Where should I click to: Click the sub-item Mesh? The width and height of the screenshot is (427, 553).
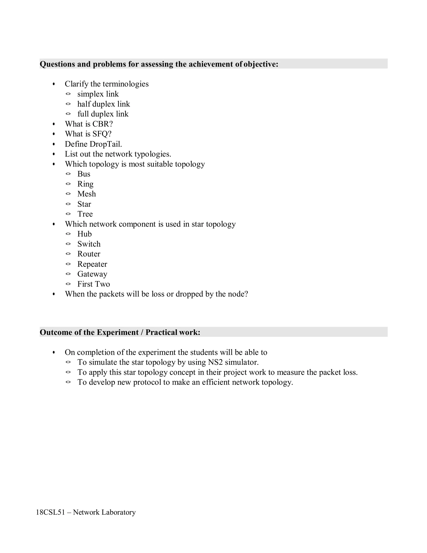pyautogui.click(x=87, y=194)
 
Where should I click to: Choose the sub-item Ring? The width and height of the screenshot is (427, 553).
pyautogui.click(x=85, y=184)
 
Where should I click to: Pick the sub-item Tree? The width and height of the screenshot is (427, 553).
pyautogui.click(x=85, y=214)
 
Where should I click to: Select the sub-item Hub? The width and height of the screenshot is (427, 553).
pyautogui.click(x=84, y=234)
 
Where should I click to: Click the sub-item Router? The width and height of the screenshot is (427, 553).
pyautogui.click(x=89, y=254)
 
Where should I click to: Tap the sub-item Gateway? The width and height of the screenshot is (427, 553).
pyautogui.click(x=92, y=274)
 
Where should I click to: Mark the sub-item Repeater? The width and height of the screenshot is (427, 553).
pyautogui.click(x=92, y=264)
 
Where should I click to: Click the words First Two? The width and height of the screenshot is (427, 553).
pyautogui.click(x=94, y=284)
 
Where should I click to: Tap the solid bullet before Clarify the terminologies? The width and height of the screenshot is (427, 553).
pyautogui.click(x=54, y=84)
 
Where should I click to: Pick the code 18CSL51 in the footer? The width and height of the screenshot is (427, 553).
pyautogui.click(x=50, y=512)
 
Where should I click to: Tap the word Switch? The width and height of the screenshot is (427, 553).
pyautogui.click(x=89, y=244)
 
